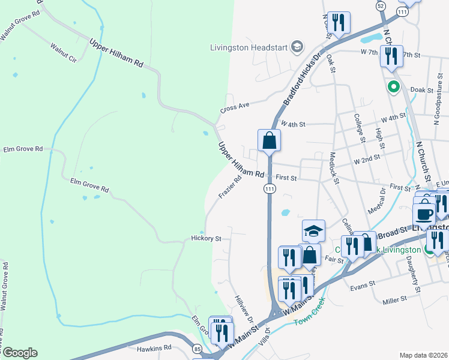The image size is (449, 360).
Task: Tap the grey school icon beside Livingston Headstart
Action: tap(296, 47)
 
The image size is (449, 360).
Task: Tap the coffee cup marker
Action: tap(424, 214)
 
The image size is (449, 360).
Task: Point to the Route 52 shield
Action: tap(381, 5)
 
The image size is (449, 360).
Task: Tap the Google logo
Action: tap(20, 352)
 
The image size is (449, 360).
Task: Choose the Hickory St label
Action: tap(206, 238)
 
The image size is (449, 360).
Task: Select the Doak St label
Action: tap(422, 90)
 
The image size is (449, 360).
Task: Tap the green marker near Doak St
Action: tap(394, 87)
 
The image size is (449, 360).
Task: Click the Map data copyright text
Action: tap(424, 355)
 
